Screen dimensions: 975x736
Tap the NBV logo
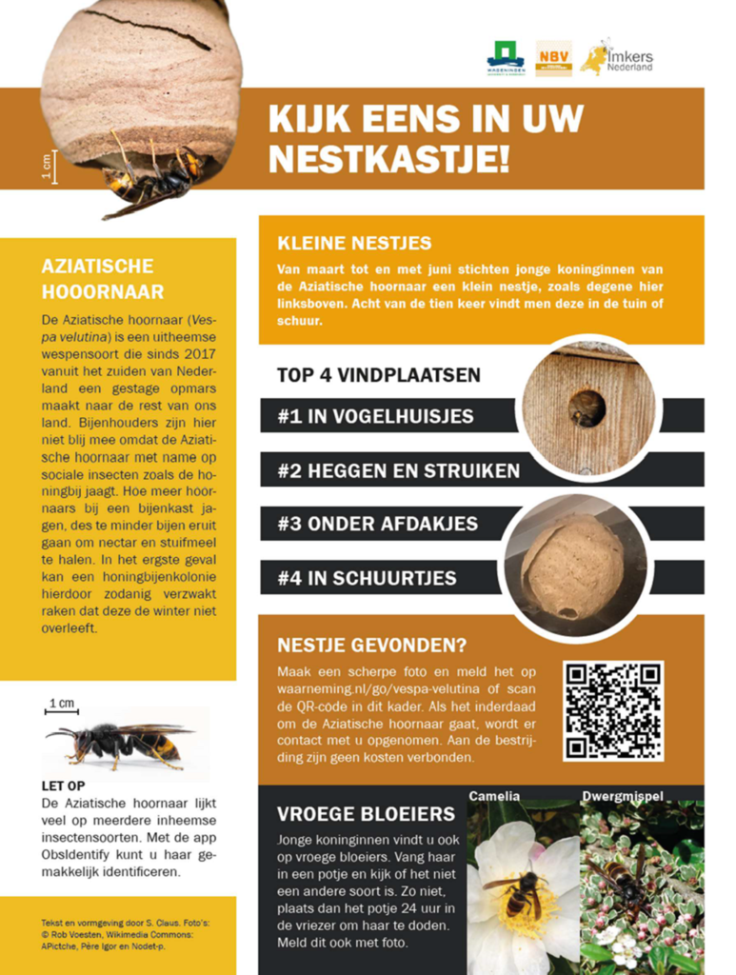coord(553,58)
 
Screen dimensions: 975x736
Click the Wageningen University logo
coord(505,58)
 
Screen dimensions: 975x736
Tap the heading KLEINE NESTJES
coord(353,243)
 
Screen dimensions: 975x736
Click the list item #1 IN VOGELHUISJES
coord(375,416)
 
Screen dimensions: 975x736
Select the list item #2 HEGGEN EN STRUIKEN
coord(398,470)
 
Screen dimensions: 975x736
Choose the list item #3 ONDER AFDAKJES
coord(377,524)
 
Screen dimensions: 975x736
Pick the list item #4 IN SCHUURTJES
coord(367,577)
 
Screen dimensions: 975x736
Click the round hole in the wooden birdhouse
coord(587,407)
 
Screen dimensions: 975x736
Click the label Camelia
coord(494,796)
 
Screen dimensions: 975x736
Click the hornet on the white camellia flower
coord(518,892)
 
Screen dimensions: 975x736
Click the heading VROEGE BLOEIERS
coord(366,814)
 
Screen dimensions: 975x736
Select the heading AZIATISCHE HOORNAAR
coord(102,278)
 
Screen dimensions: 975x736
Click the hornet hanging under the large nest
coord(152,179)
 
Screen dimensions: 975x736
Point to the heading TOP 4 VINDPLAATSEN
coord(379,374)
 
